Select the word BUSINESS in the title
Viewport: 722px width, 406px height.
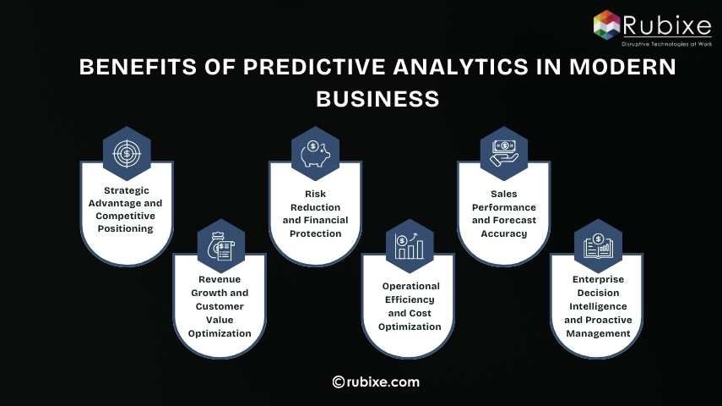pos(377,99)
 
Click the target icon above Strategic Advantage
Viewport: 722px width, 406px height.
pos(127,153)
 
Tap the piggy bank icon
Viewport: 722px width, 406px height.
pos(315,153)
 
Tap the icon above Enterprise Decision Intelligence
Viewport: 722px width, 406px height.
pos(598,245)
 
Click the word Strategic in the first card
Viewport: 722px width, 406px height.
pos(127,190)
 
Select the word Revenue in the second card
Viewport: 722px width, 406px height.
pos(220,279)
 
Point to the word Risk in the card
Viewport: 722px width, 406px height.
pos(315,194)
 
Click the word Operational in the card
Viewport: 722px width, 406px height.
pos(410,286)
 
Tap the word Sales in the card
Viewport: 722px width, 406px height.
pos(504,194)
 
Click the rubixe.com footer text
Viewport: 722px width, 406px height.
pos(383,382)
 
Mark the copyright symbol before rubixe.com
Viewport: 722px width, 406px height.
pos(339,382)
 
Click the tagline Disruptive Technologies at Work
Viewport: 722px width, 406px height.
pos(666,41)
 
